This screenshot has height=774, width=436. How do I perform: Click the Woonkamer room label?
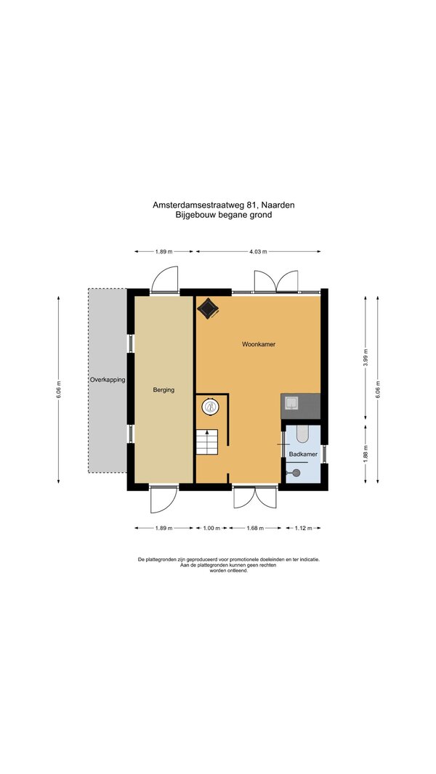[x=258, y=344]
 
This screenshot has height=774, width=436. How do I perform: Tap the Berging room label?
[x=163, y=390]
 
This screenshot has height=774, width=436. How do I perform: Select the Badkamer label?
[x=303, y=454]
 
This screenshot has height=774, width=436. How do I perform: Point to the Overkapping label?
[x=107, y=380]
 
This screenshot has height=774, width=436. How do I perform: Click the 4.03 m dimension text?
[x=258, y=252]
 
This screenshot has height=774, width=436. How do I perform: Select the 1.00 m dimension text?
[x=211, y=528]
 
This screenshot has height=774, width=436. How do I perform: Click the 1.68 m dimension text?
[x=255, y=528]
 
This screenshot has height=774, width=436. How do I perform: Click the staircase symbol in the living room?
[x=207, y=442]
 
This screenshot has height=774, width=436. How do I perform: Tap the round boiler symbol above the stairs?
[x=211, y=407]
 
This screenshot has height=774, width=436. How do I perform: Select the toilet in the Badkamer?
[x=302, y=433]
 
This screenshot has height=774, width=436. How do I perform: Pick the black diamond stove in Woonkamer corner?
[x=208, y=309]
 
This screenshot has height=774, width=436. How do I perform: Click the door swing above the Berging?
[x=164, y=280]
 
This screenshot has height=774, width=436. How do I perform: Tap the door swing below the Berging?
[x=163, y=500]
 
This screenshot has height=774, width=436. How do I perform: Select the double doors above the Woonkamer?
[x=276, y=282]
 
